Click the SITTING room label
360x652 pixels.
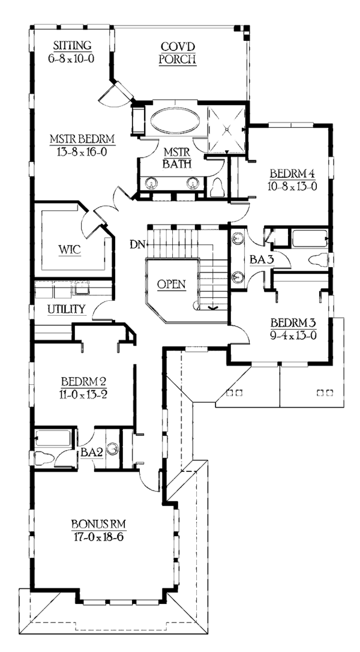point(72,46)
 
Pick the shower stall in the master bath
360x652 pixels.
point(226,127)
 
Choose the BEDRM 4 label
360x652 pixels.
point(292,173)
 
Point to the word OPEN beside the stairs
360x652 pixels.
point(172,284)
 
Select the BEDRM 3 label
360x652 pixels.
point(291,322)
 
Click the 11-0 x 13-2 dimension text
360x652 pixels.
point(84,394)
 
